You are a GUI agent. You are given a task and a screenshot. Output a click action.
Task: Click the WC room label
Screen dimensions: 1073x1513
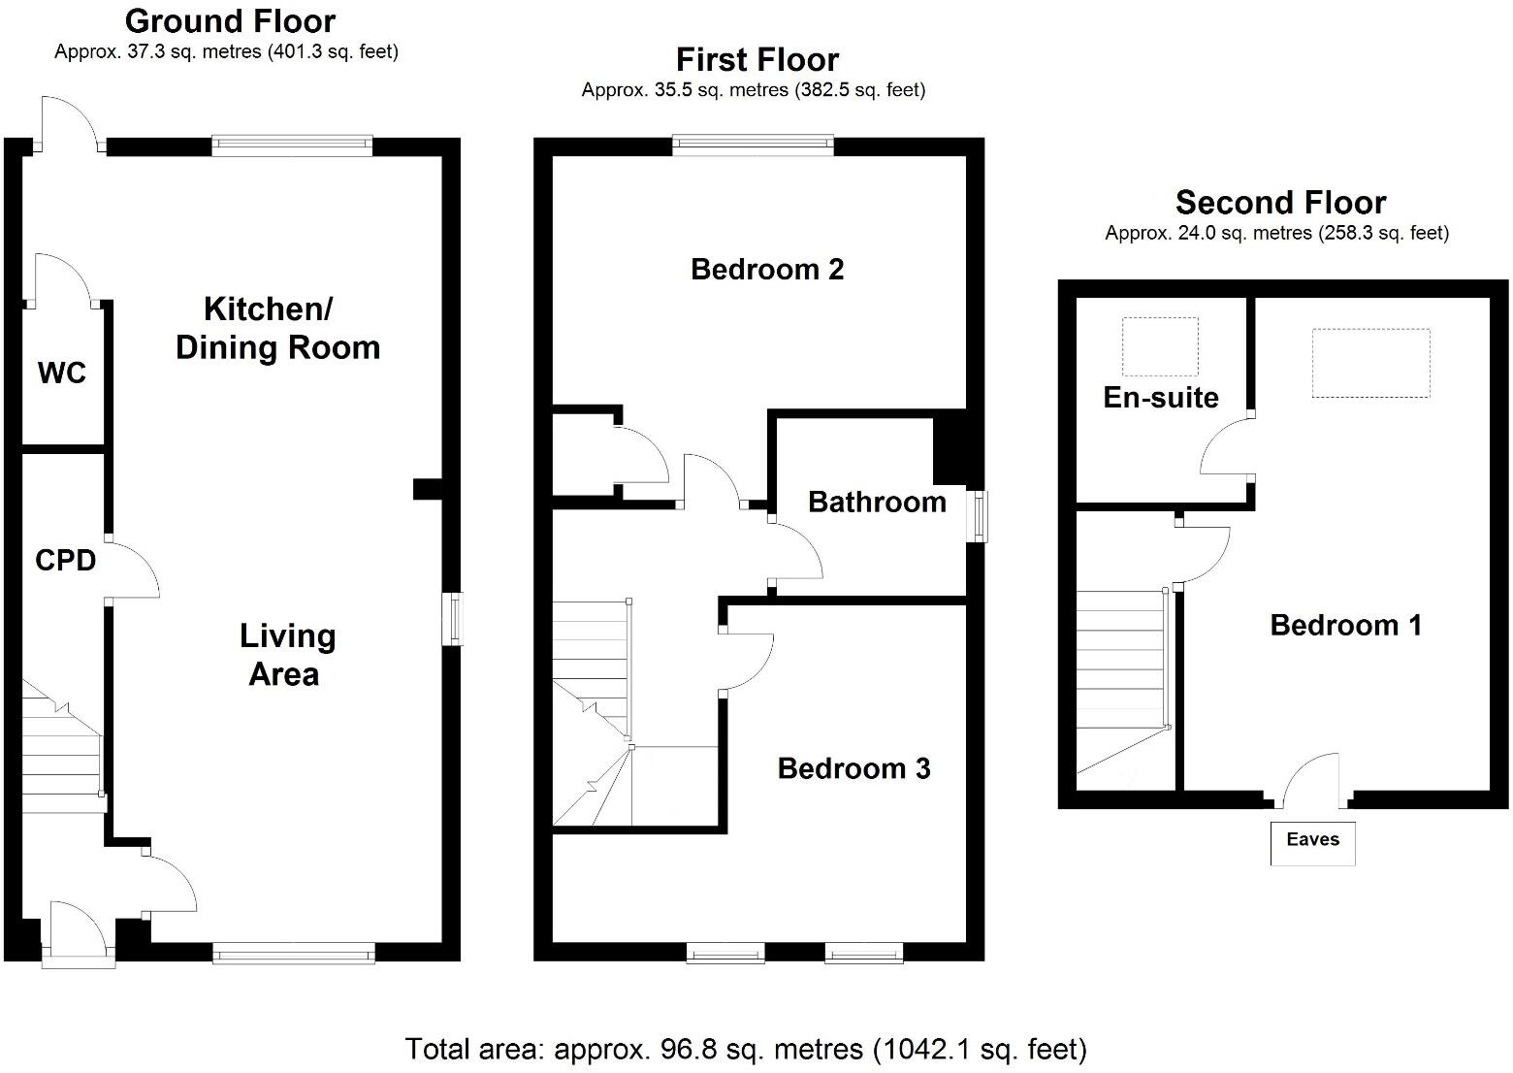62,373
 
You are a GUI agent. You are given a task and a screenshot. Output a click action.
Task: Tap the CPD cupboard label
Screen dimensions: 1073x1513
65,560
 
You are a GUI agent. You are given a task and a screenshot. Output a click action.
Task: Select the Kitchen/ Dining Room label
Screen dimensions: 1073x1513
277,329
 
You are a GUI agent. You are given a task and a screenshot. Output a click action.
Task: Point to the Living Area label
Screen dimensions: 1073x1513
286,655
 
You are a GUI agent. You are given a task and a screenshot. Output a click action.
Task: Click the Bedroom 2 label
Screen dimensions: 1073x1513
766,269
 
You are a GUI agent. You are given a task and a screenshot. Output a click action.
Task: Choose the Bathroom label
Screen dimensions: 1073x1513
877,502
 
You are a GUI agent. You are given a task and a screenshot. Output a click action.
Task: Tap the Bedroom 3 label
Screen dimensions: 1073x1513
853,768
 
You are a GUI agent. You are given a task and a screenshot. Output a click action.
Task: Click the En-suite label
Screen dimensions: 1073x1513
1160,397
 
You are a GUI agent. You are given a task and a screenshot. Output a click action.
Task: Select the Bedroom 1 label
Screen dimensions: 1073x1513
1345,625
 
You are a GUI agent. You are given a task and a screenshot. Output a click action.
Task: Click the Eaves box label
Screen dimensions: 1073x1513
1312,841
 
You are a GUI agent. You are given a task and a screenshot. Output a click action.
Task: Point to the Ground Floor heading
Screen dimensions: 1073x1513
230,20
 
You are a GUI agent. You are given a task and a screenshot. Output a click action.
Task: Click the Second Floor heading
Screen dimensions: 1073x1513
1280,202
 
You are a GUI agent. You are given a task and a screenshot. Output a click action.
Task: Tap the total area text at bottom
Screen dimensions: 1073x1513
745,1049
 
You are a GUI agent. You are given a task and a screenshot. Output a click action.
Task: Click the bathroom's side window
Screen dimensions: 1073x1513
981,515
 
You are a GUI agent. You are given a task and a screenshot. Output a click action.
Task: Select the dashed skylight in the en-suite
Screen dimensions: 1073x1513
1160,346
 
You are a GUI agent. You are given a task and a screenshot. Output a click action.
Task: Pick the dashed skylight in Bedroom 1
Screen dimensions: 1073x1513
1370,363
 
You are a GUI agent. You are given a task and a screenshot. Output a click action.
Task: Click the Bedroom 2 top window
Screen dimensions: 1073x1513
754,146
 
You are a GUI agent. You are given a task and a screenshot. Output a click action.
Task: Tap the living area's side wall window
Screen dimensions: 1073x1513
454,618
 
